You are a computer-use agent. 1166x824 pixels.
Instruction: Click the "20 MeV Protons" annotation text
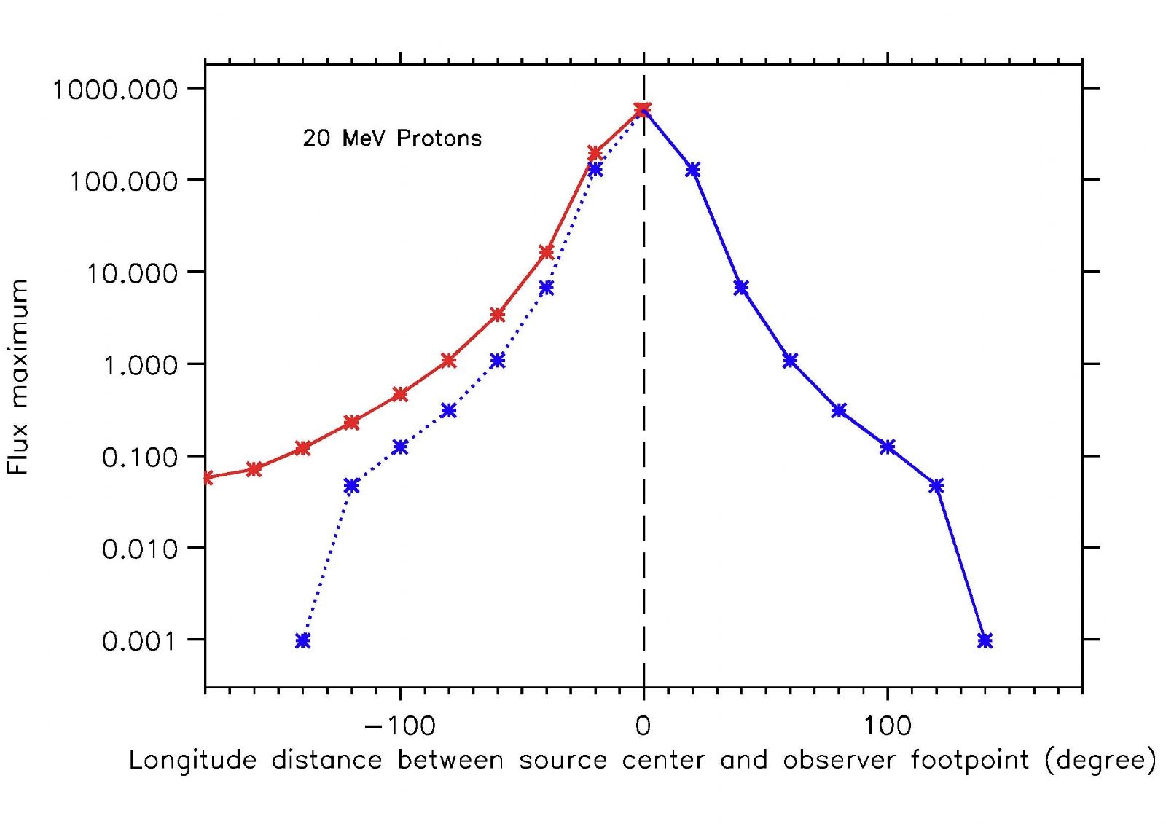pos(392,138)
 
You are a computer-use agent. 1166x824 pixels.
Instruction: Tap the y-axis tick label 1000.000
pos(115,90)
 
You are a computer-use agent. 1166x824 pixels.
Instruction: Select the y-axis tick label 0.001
pos(139,641)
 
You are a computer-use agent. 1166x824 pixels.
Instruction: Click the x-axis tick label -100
pos(399,726)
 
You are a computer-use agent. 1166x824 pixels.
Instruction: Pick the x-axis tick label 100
pos(888,726)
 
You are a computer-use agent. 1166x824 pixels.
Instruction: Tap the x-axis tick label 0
pos(643,726)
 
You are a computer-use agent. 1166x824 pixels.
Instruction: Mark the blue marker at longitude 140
pos(985,640)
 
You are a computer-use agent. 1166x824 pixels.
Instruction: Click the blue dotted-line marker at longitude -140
pos(303,640)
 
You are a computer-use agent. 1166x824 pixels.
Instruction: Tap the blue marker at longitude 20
pos(693,170)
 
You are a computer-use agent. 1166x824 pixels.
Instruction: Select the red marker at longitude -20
pos(595,153)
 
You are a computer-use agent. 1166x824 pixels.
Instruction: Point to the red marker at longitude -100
pos(400,394)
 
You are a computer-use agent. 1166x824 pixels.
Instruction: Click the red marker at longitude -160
pos(254,468)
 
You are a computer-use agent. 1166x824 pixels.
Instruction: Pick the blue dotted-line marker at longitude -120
pos(351,485)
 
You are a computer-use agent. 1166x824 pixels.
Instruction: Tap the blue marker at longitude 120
pos(936,485)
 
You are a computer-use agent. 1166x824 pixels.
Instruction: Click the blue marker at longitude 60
pos(790,360)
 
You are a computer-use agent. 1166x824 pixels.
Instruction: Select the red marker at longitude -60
pos(498,315)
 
